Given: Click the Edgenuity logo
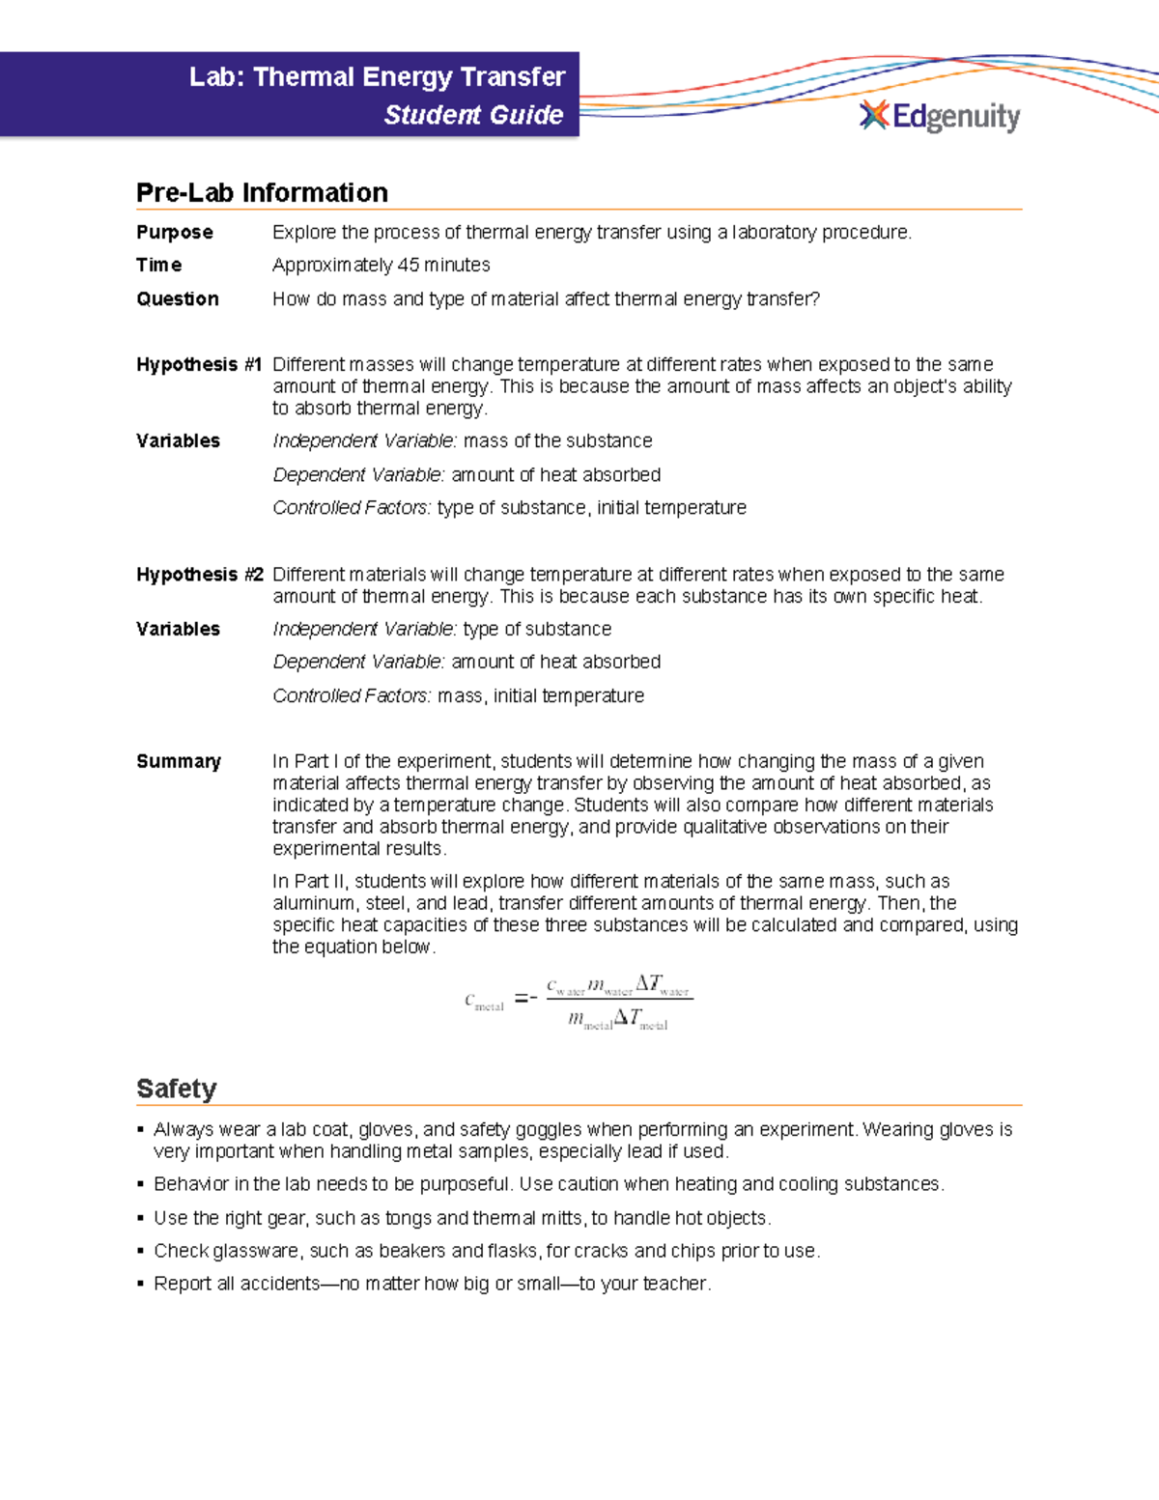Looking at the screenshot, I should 939,116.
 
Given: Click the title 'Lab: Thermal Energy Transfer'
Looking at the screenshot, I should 377,77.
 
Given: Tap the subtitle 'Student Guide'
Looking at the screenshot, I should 473,115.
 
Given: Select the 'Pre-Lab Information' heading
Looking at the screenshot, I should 262,192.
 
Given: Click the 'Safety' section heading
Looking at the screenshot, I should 176,1089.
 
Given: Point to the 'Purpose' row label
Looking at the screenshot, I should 175,232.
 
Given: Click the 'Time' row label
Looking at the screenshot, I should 159,265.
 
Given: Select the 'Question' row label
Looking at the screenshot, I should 178,298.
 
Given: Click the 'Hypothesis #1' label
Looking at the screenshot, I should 199,364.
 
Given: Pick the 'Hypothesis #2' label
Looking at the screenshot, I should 199,574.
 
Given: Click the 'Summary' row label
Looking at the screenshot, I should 179,761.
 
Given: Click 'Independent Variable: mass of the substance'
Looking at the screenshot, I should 462,440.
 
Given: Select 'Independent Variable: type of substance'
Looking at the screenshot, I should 441,629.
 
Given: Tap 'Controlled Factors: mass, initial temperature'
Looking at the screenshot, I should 458,695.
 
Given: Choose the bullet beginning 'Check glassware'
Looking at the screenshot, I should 486,1251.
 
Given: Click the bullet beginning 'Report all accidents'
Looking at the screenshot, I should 432,1284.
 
